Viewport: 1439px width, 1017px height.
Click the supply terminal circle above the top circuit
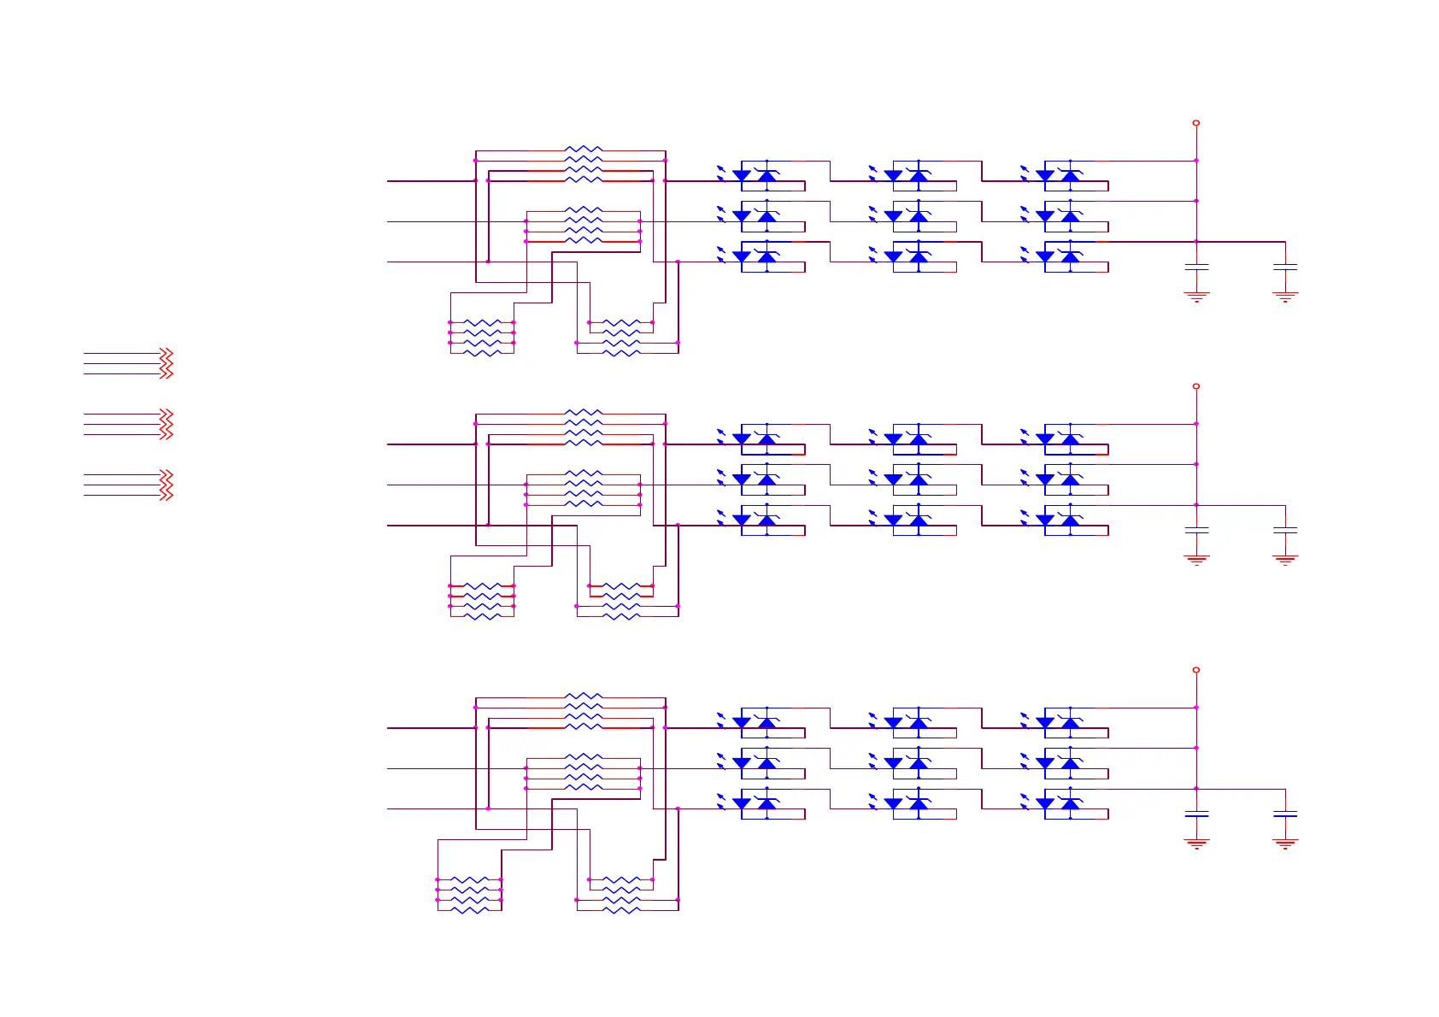[1196, 123]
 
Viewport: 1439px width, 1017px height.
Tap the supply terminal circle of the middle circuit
[1196, 386]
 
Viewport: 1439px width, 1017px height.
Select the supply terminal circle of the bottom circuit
[1196, 670]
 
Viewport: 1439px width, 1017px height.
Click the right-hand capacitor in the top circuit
[1285, 267]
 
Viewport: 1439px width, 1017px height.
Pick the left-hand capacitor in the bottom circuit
[1196, 814]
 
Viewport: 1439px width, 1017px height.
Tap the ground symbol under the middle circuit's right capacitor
[1285, 561]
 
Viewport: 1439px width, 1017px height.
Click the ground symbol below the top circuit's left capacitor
[1196, 297]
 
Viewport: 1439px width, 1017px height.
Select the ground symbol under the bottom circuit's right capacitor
[1285, 844]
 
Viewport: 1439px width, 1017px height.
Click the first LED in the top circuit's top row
[742, 176]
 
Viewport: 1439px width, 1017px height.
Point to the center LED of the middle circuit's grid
[894, 480]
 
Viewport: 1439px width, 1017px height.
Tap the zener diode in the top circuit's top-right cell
[1071, 176]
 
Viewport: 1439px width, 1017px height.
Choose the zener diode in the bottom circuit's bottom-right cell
[1071, 804]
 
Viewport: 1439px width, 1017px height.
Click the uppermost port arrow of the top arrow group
[167, 353]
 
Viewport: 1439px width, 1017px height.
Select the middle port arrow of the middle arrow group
[167, 424]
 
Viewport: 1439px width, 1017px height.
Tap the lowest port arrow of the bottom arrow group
[167, 496]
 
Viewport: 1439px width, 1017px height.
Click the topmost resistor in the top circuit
[584, 150]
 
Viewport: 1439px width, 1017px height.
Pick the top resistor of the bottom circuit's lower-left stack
[469, 879]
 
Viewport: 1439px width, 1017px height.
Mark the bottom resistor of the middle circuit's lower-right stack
[621, 616]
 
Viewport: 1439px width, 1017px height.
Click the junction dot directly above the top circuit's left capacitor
[1196, 242]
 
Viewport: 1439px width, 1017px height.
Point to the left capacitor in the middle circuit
[1196, 531]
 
